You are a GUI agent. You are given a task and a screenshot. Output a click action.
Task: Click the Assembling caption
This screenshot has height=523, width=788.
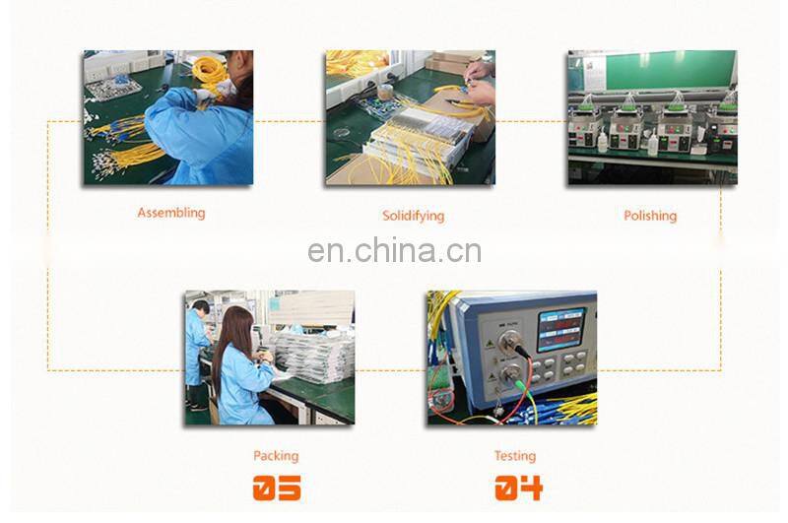point(170,213)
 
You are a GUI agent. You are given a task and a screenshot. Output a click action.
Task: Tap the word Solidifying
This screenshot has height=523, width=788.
point(413,216)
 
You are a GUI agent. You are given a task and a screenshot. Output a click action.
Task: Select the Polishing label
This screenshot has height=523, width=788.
point(650,216)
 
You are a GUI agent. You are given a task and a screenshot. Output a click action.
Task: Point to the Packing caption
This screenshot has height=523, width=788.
point(276,456)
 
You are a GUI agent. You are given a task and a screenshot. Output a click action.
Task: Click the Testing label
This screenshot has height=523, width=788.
point(515,456)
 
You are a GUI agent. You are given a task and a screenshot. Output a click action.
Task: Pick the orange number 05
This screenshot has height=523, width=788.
point(277,488)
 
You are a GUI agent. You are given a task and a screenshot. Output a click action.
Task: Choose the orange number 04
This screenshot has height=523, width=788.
point(519,488)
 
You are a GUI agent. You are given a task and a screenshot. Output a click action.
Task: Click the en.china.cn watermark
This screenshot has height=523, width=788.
point(395,251)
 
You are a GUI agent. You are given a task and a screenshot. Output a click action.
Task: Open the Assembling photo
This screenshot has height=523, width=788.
point(167,117)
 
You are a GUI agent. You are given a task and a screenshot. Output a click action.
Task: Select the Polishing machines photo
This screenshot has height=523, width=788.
point(652,117)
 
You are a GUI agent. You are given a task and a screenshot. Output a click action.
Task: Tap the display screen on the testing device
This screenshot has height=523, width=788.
point(561,330)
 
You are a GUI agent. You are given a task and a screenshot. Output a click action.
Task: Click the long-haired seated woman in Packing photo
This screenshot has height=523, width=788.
point(241,365)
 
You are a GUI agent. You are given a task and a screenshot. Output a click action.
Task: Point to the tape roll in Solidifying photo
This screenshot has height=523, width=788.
point(385,92)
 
